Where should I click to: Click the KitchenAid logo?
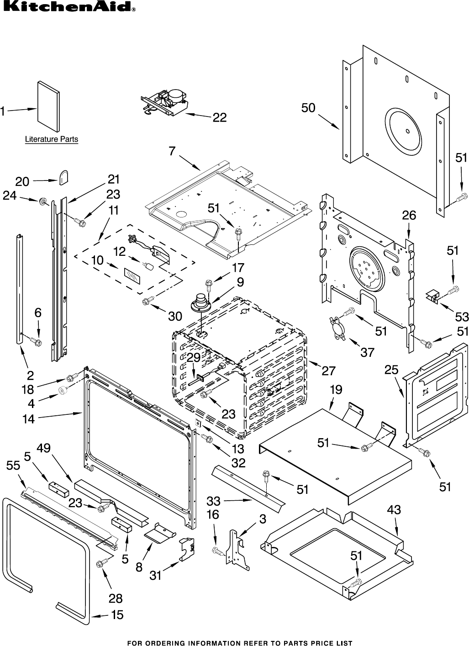pos(68,7)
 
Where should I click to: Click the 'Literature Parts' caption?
pos(51,139)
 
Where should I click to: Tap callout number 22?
pos(220,117)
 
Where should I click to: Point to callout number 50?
pos(308,108)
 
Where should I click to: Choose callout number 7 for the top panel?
pos(172,151)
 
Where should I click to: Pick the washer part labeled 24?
pos(44,201)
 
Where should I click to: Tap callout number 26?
pos(409,215)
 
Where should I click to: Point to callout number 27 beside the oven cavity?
pos(328,371)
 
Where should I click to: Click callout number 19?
pos(336,390)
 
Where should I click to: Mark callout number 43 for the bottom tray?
pos(394,509)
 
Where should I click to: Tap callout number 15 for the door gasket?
pos(117,615)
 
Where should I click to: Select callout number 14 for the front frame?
pos(28,418)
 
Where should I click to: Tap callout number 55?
pos(13,465)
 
